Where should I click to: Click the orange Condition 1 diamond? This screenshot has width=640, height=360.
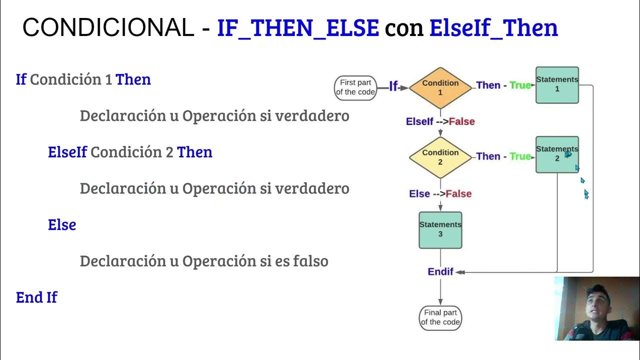point(440,87)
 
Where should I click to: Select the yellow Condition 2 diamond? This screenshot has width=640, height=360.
point(440,157)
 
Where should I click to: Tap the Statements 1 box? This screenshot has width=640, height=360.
point(557,85)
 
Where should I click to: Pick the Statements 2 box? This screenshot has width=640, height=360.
point(557,154)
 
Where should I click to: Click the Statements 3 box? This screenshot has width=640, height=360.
point(440,229)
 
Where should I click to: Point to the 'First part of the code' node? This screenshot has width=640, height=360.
point(355,87)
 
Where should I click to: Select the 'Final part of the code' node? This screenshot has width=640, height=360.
point(440,317)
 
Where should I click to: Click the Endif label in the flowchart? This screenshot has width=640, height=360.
point(440,271)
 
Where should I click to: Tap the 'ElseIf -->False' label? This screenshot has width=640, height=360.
point(440,121)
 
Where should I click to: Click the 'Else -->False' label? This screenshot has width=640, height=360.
point(440,193)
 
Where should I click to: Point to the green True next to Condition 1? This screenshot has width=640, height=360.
point(520,85)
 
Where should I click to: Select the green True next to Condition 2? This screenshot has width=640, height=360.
point(520,156)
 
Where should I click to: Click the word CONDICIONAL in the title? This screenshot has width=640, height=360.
point(108,28)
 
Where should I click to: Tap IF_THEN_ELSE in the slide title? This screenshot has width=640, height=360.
point(297,28)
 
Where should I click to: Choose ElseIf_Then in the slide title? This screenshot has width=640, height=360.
point(493,28)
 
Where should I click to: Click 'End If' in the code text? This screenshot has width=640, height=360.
point(36,297)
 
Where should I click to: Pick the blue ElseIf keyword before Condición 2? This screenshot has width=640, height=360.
point(67,152)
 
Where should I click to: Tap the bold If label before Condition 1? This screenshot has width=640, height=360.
point(393,86)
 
